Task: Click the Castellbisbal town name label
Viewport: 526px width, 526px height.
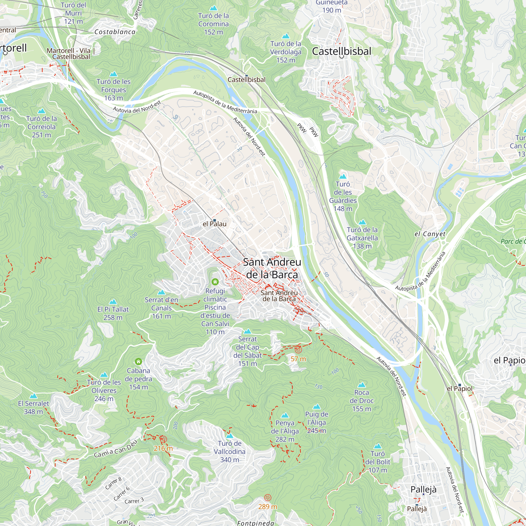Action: point(341,51)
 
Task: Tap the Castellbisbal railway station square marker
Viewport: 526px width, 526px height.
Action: point(246,76)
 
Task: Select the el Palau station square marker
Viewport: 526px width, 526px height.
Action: point(215,220)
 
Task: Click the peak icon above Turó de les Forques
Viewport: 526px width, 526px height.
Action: point(113,74)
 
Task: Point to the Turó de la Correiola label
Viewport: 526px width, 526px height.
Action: point(41,127)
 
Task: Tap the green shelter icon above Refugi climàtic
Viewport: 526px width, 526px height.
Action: point(215,281)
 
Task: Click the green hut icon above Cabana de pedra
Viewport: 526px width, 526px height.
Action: point(138,361)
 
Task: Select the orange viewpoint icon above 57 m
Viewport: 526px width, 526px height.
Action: point(298,350)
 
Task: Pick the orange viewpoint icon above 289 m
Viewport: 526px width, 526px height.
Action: point(268,498)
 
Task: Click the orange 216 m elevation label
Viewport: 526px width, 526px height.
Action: point(163,448)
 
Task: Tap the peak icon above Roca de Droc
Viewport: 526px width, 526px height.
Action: point(361,385)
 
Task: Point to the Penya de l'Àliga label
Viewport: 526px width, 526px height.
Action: point(285,431)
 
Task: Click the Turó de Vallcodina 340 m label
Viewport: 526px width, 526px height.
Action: point(230,452)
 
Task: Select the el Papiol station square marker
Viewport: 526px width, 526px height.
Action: point(459,385)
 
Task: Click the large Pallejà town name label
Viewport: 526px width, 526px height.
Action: point(423,489)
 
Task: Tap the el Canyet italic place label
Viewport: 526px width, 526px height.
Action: point(430,234)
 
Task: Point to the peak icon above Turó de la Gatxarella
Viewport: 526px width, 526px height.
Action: point(362,222)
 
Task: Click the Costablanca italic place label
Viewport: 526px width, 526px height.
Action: point(115,32)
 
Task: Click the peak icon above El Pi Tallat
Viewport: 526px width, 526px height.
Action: point(113,301)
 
